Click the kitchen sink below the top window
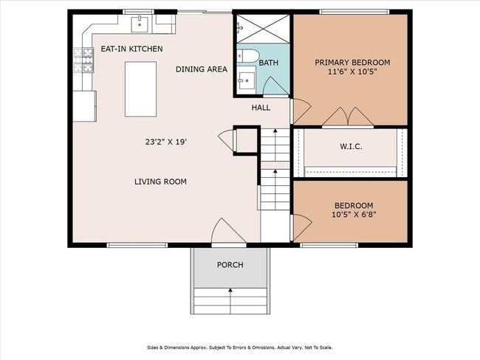click(x=140, y=24)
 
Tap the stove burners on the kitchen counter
click(x=83, y=60)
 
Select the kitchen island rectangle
click(x=140, y=89)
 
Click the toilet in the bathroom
click(x=248, y=56)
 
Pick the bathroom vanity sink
click(x=247, y=80)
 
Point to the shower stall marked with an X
click(x=264, y=29)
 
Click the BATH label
click(x=269, y=63)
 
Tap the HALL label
click(x=261, y=108)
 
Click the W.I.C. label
click(x=351, y=147)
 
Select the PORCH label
click(x=230, y=265)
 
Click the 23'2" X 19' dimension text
click(x=166, y=142)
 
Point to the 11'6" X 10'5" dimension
click(x=352, y=72)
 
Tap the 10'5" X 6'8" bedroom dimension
click(x=354, y=215)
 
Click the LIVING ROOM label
click(x=160, y=181)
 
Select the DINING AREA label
click(x=202, y=69)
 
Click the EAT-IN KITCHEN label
click(x=131, y=49)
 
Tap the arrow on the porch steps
click(x=230, y=301)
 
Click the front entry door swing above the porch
click(x=228, y=230)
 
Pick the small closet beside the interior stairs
click(x=247, y=140)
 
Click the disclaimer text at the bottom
click(x=240, y=347)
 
